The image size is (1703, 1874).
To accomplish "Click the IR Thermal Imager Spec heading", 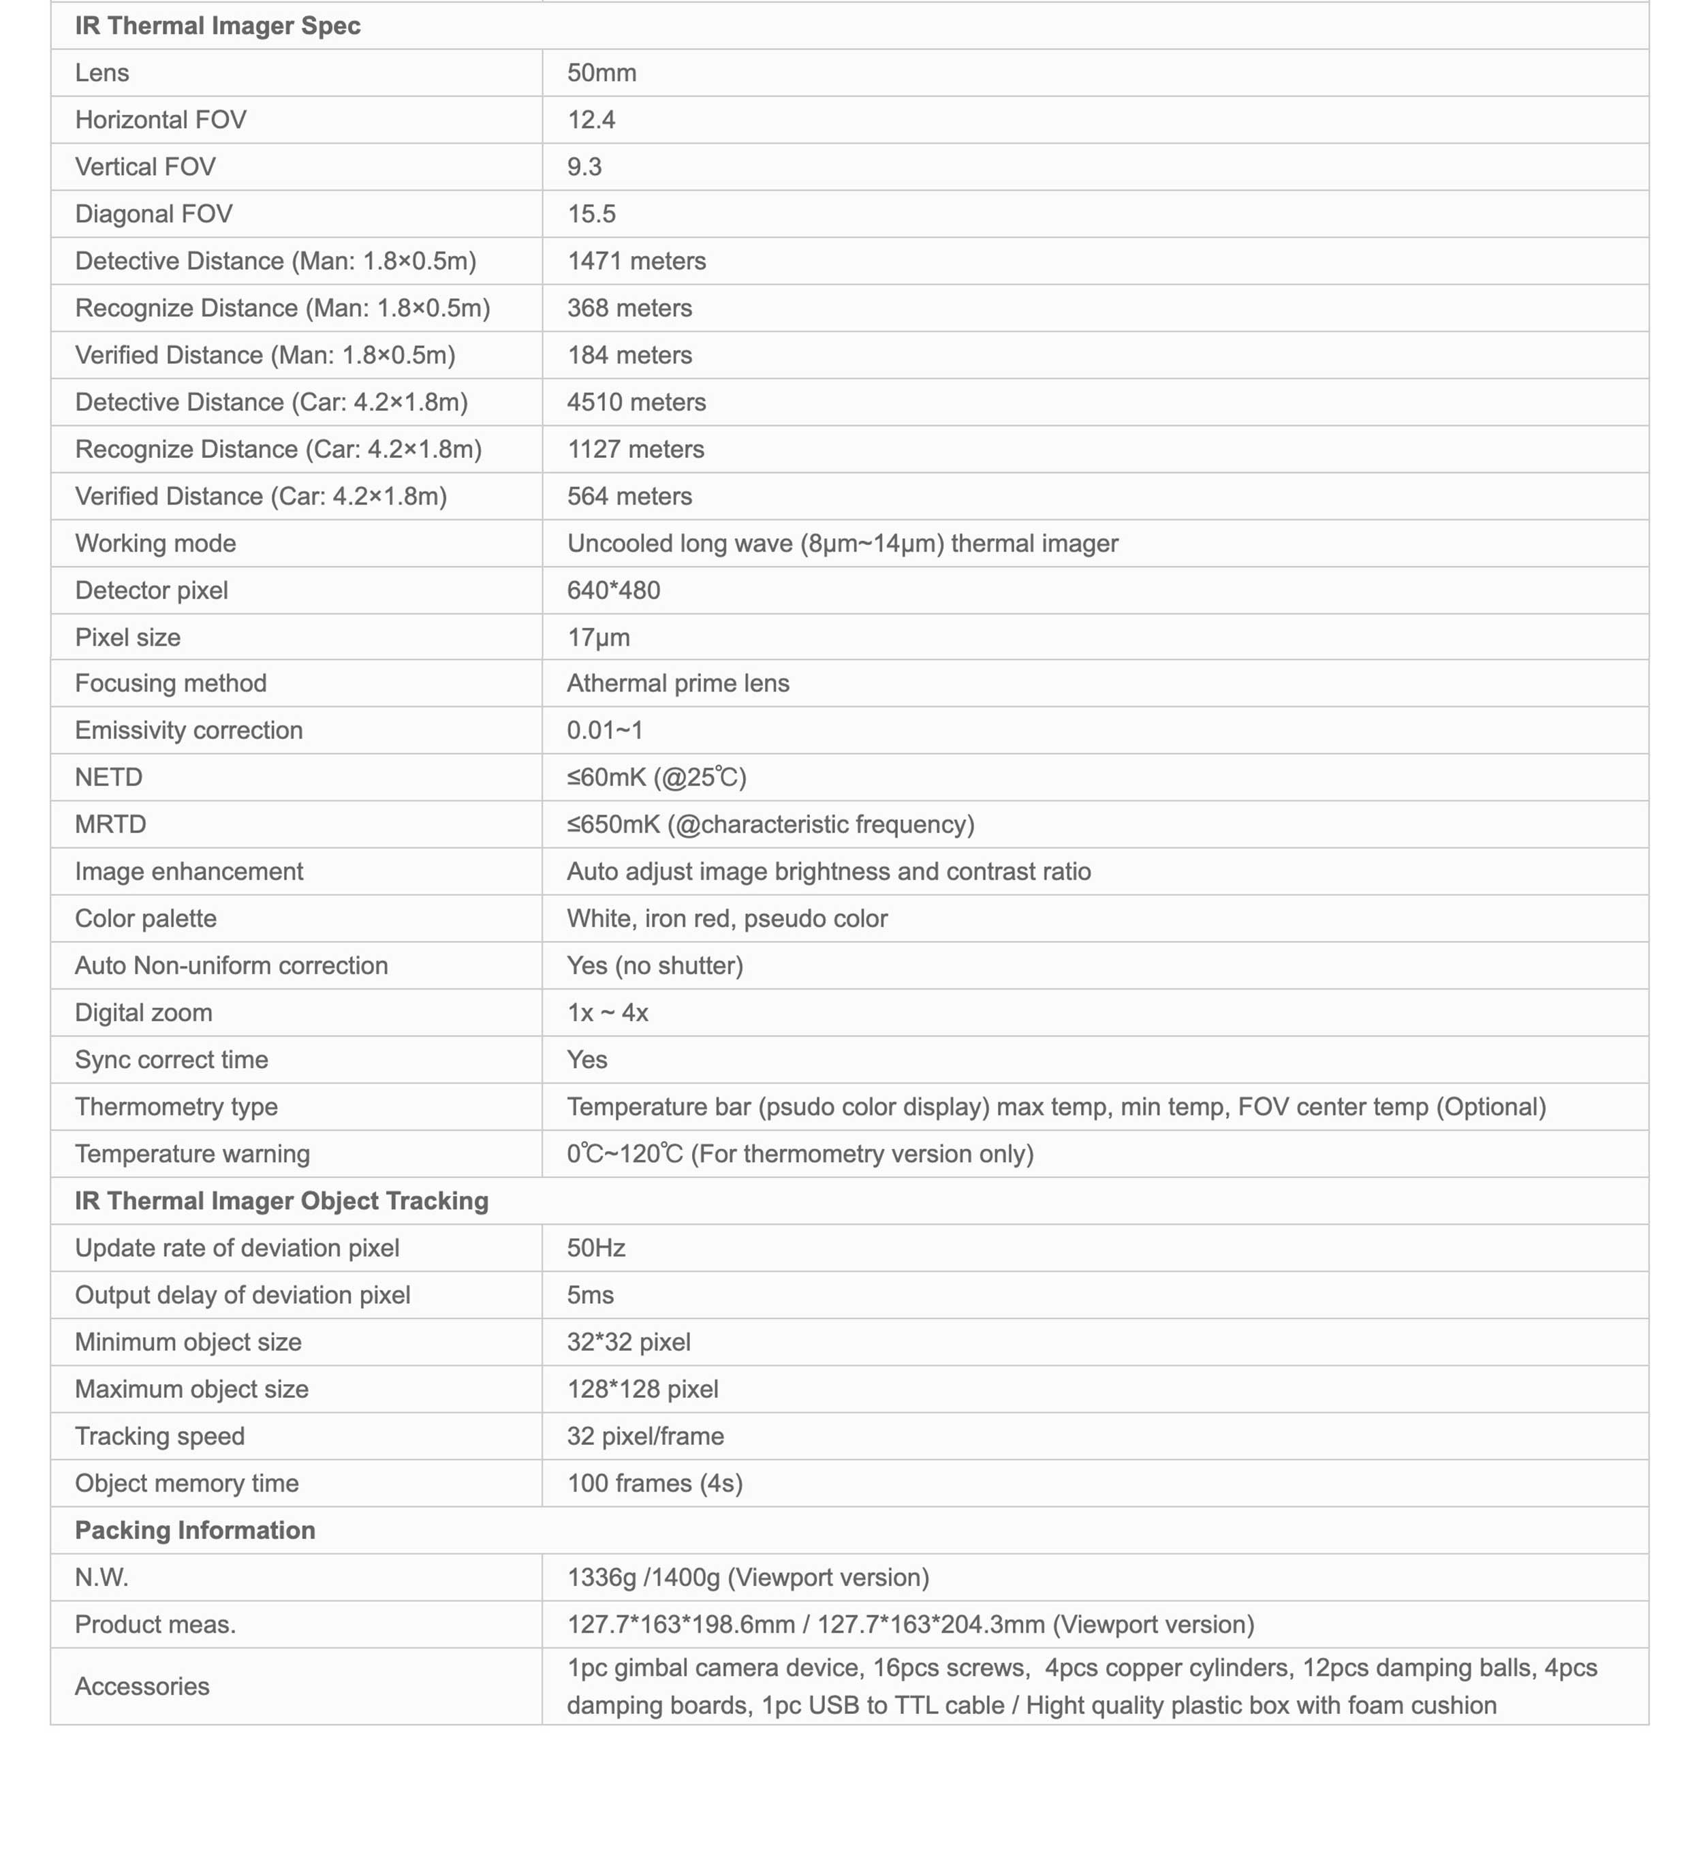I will [x=217, y=26].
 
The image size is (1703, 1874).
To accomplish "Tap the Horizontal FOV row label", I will [x=160, y=120].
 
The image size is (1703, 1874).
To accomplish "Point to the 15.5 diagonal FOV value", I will [x=591, y=214].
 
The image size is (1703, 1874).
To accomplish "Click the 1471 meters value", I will [x=636, y=261].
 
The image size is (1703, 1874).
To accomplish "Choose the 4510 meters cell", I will [x=636, y=403].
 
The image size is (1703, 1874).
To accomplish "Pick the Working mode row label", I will [x=155, y=544].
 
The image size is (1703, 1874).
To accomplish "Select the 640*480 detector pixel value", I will [x=614, y=591].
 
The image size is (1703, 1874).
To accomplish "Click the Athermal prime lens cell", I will [x=678, y=683].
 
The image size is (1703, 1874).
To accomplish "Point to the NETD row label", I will [x=109, y=777].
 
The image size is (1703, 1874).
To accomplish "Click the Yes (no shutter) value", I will [x=655, y=966].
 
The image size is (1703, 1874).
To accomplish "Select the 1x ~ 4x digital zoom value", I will [x=607, y=1012].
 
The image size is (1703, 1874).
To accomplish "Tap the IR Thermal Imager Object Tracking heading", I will [x=281, y=1201].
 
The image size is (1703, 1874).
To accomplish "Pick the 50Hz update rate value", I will [x=596, y=1249].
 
